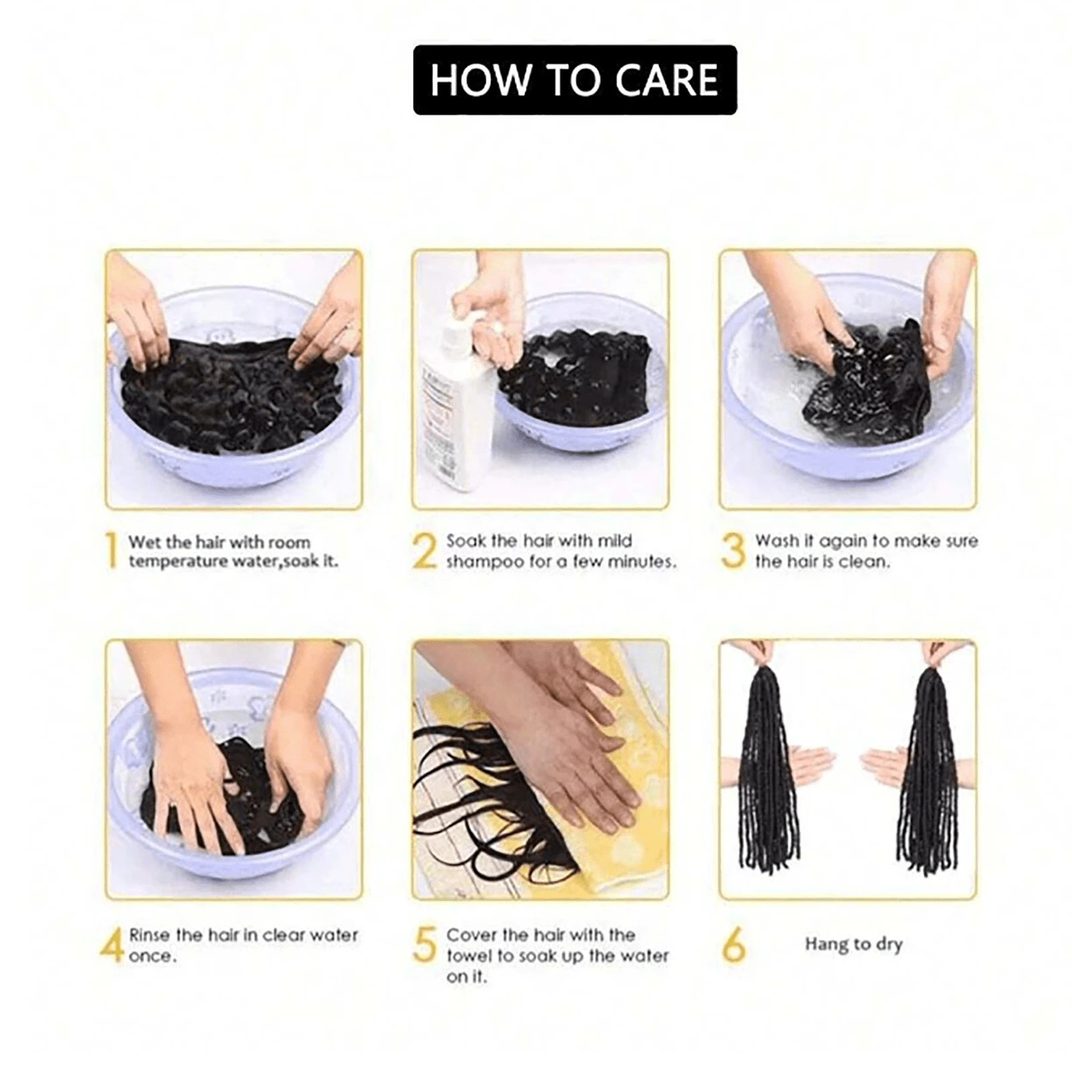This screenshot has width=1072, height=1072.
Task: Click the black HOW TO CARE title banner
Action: click(575, 80)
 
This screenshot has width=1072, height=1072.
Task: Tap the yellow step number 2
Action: click(424, 551)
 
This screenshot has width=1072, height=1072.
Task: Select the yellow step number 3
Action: click(733, 551)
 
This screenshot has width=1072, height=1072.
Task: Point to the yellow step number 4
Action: click(112, 945)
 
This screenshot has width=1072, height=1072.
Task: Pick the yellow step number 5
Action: click(425, 945)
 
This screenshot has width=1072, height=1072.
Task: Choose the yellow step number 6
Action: click(734, 945)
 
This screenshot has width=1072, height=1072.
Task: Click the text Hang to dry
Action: click(854, 945)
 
